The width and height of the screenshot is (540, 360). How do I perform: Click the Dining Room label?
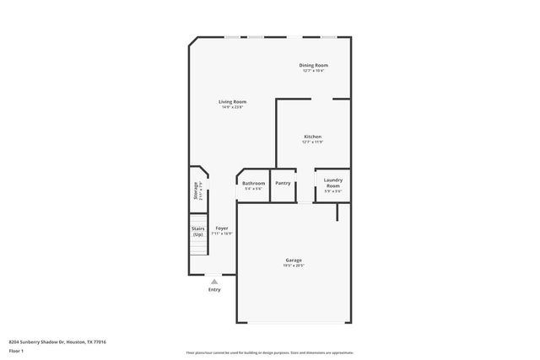click(314, 65)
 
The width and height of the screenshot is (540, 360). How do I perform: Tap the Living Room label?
click(233, 102)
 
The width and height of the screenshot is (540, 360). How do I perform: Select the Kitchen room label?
click(313, 137)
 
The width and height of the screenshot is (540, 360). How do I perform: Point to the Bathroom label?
click(253, 183)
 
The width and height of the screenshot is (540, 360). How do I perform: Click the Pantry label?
click(283, 183)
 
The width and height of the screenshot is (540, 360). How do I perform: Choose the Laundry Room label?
click(332, 183)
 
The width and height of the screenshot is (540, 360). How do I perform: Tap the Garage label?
click(294, 260)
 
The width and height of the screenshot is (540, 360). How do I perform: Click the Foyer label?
click(221, 228)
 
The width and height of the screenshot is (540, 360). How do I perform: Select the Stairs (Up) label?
click(198, 230)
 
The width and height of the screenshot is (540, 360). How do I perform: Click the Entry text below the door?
click(214, 289)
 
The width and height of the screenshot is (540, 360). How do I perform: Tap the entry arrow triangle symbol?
click(214, 281)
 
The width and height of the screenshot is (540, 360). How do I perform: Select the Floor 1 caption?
click(16, 351)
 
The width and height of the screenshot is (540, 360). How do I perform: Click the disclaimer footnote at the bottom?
click(270, 352)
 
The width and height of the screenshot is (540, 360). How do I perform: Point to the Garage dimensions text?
click(294, 266)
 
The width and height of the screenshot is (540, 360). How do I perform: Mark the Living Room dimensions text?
click(233, 108)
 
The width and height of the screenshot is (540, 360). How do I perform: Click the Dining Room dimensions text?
click(314, 71)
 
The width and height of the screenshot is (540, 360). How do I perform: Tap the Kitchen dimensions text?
click(313, 142)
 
